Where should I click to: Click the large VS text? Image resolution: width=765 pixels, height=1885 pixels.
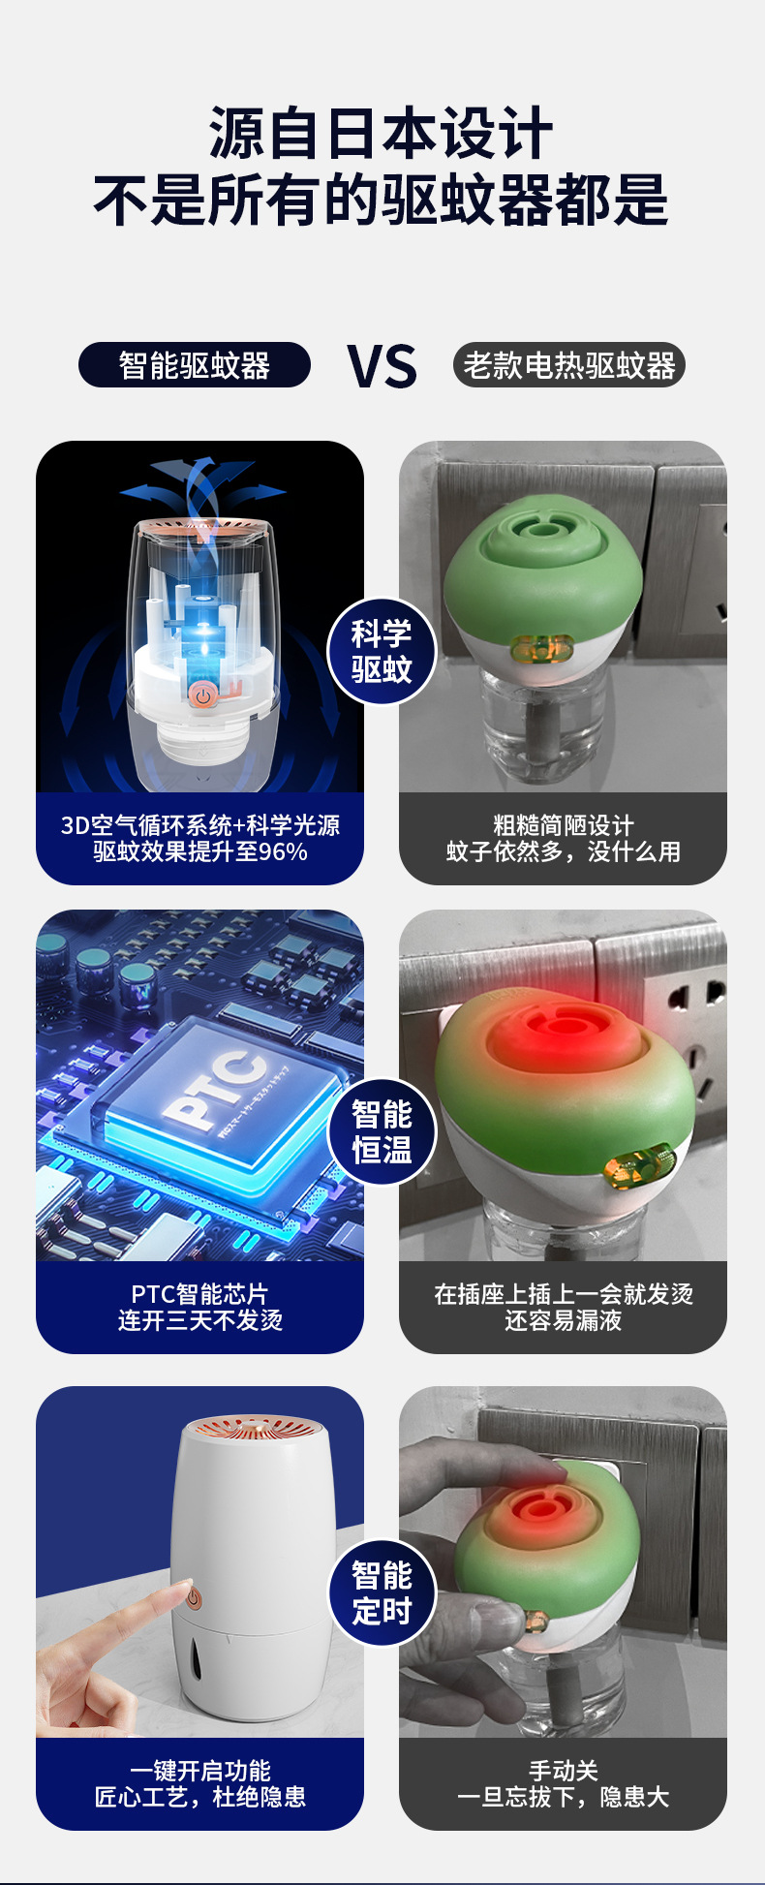pyautogui.click(x=382, y=366)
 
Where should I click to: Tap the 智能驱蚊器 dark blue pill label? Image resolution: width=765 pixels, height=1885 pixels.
pyautogui.click(x=194, y=365)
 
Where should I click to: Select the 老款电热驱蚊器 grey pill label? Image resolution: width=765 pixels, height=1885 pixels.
pyautogui.click(x=568, y=365)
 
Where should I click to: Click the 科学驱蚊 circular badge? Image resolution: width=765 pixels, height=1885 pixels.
pyautogui.click(x=382, y=651)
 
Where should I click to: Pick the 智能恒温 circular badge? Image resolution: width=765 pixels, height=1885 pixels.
pyautogui.click(x=382, y=1132)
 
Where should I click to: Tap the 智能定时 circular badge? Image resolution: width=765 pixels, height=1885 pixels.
pyautogui.click(x=382, y=1592)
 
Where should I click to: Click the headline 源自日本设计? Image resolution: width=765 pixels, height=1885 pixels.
pyautogui.click(x=382, y=134)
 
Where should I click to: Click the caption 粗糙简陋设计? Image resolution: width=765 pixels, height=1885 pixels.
pyautogui.click(x=563, y=825)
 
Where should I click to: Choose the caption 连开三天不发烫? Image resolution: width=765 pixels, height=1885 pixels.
pyautogui.click(x=200, y=1320)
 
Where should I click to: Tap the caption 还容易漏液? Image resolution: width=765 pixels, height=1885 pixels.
pyautogui.click(x=563, y=1320)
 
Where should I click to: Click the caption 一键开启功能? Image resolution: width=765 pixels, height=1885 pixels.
pyautogui.click(x=200, y=1771)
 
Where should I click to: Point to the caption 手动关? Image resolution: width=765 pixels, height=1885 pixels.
pyautogui.click(x=563, y=1771)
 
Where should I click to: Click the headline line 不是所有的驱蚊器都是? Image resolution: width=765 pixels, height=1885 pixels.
pyautogui.click(x=382, y=201)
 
